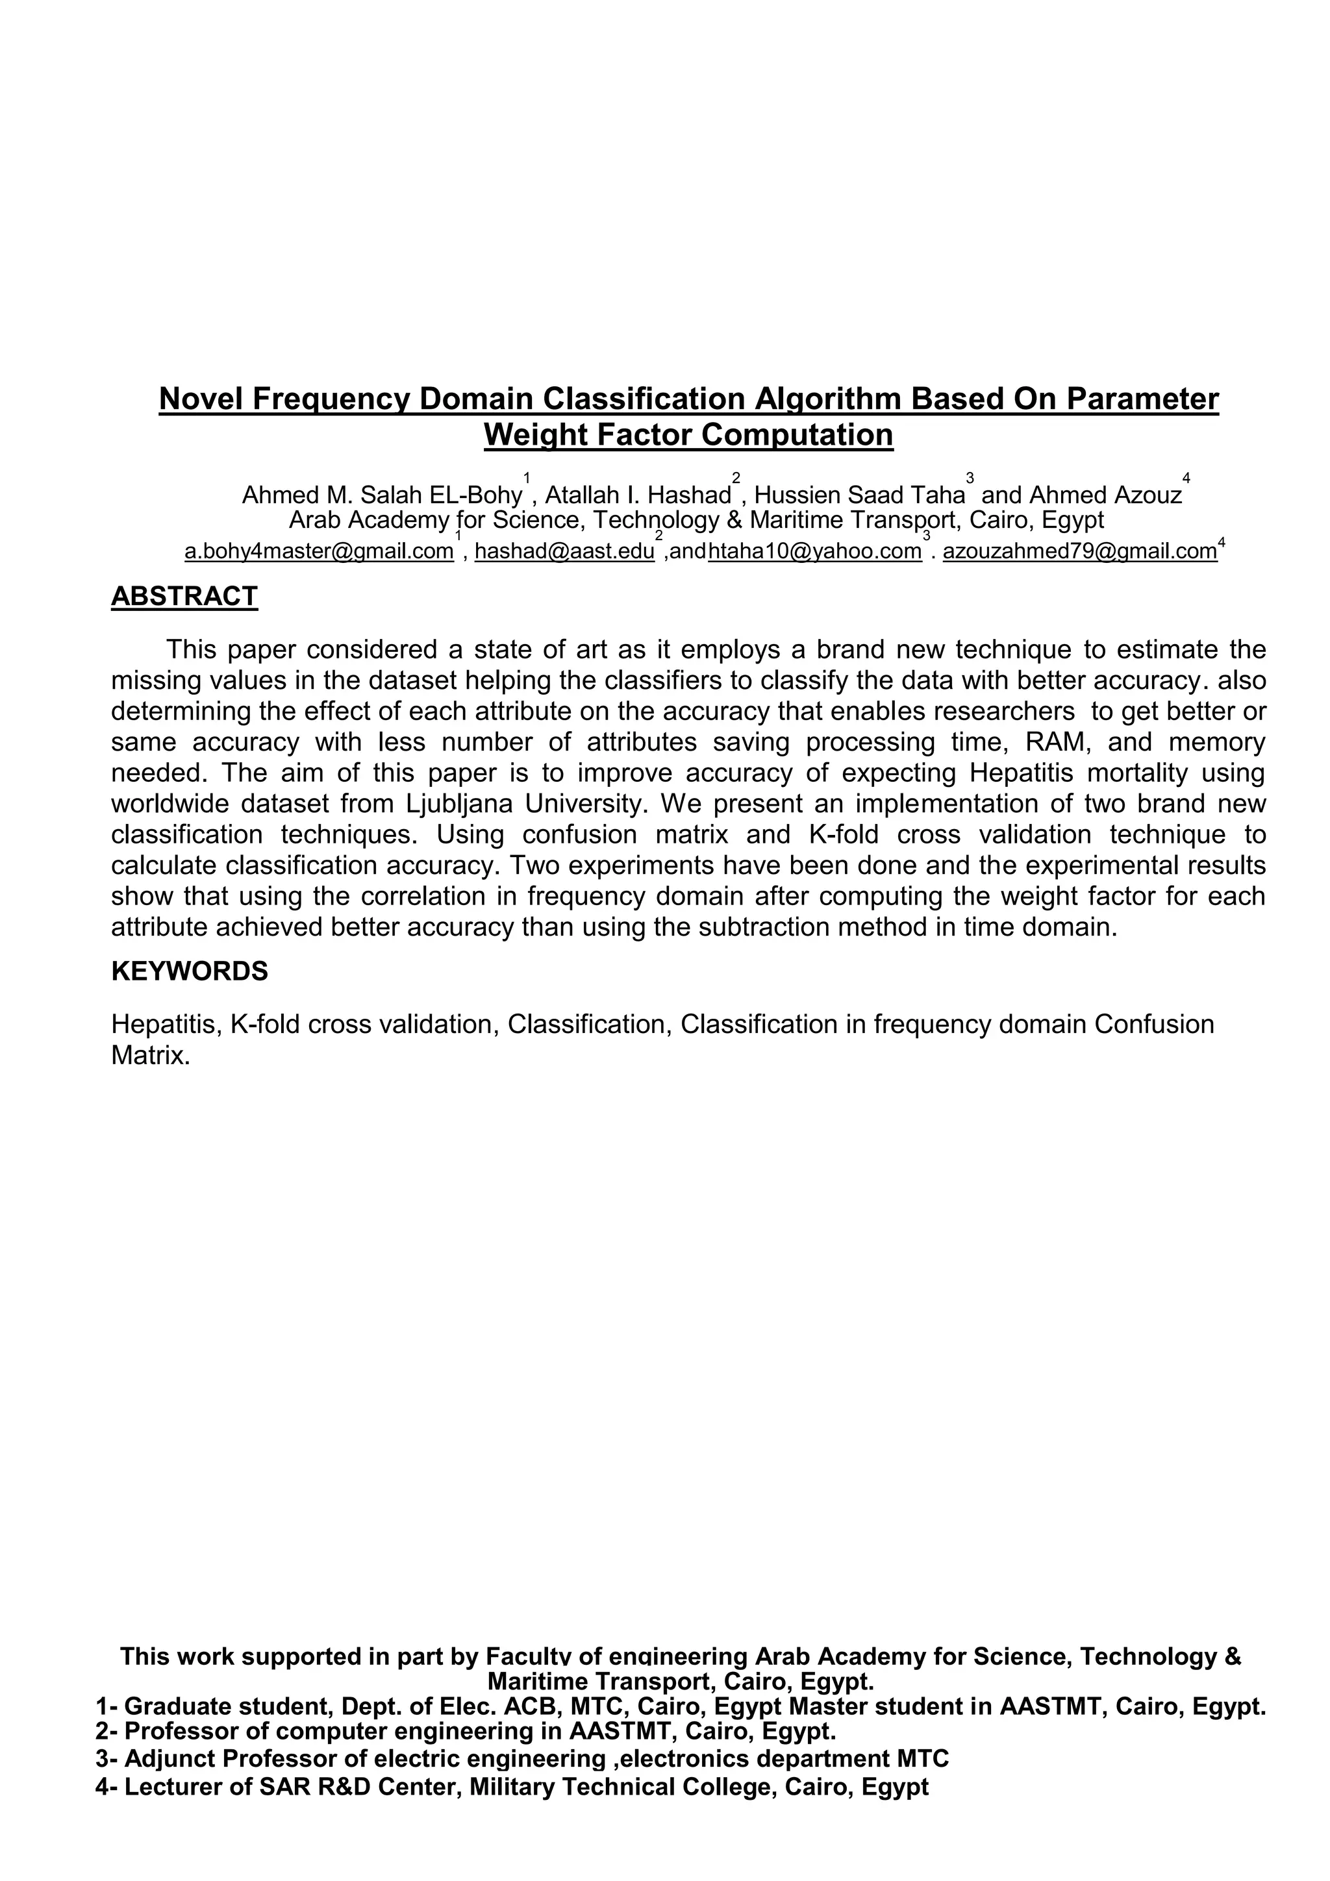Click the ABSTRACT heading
[184, 597]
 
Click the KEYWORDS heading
[189, 971]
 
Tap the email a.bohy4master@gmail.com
[319, 551]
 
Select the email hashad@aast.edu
[564, 551]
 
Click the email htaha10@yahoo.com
[814, 551]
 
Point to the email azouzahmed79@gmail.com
[1079, 551]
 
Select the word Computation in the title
[807, 434]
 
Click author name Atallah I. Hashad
[638, 495]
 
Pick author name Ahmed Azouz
[1105, 495]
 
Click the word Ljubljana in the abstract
[459, 804]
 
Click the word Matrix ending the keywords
[150, 1055]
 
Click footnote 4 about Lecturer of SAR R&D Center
[511, 1787]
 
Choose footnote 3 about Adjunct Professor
[522, 1759]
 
